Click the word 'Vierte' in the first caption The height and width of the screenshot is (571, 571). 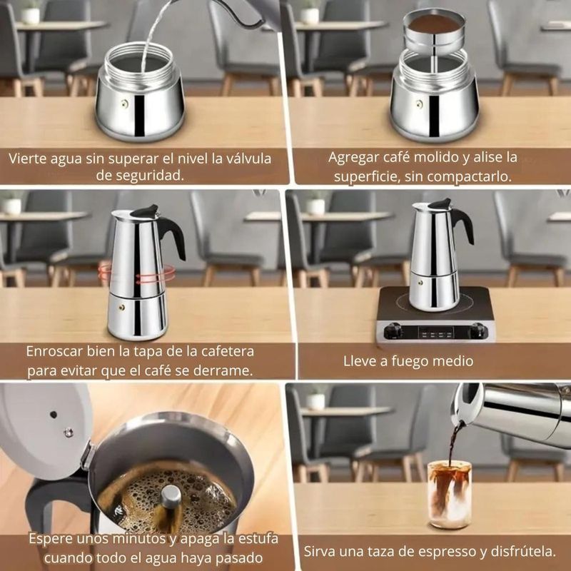[x=27, y=158]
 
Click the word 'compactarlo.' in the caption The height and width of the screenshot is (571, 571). [x=469, y=176]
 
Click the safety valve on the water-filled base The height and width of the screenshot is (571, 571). [x=125, y=103]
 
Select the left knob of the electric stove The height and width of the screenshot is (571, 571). [x=393, y=331]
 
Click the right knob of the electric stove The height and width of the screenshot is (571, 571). [x=478, y=331]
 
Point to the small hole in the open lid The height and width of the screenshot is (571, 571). [x=54, y=415]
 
